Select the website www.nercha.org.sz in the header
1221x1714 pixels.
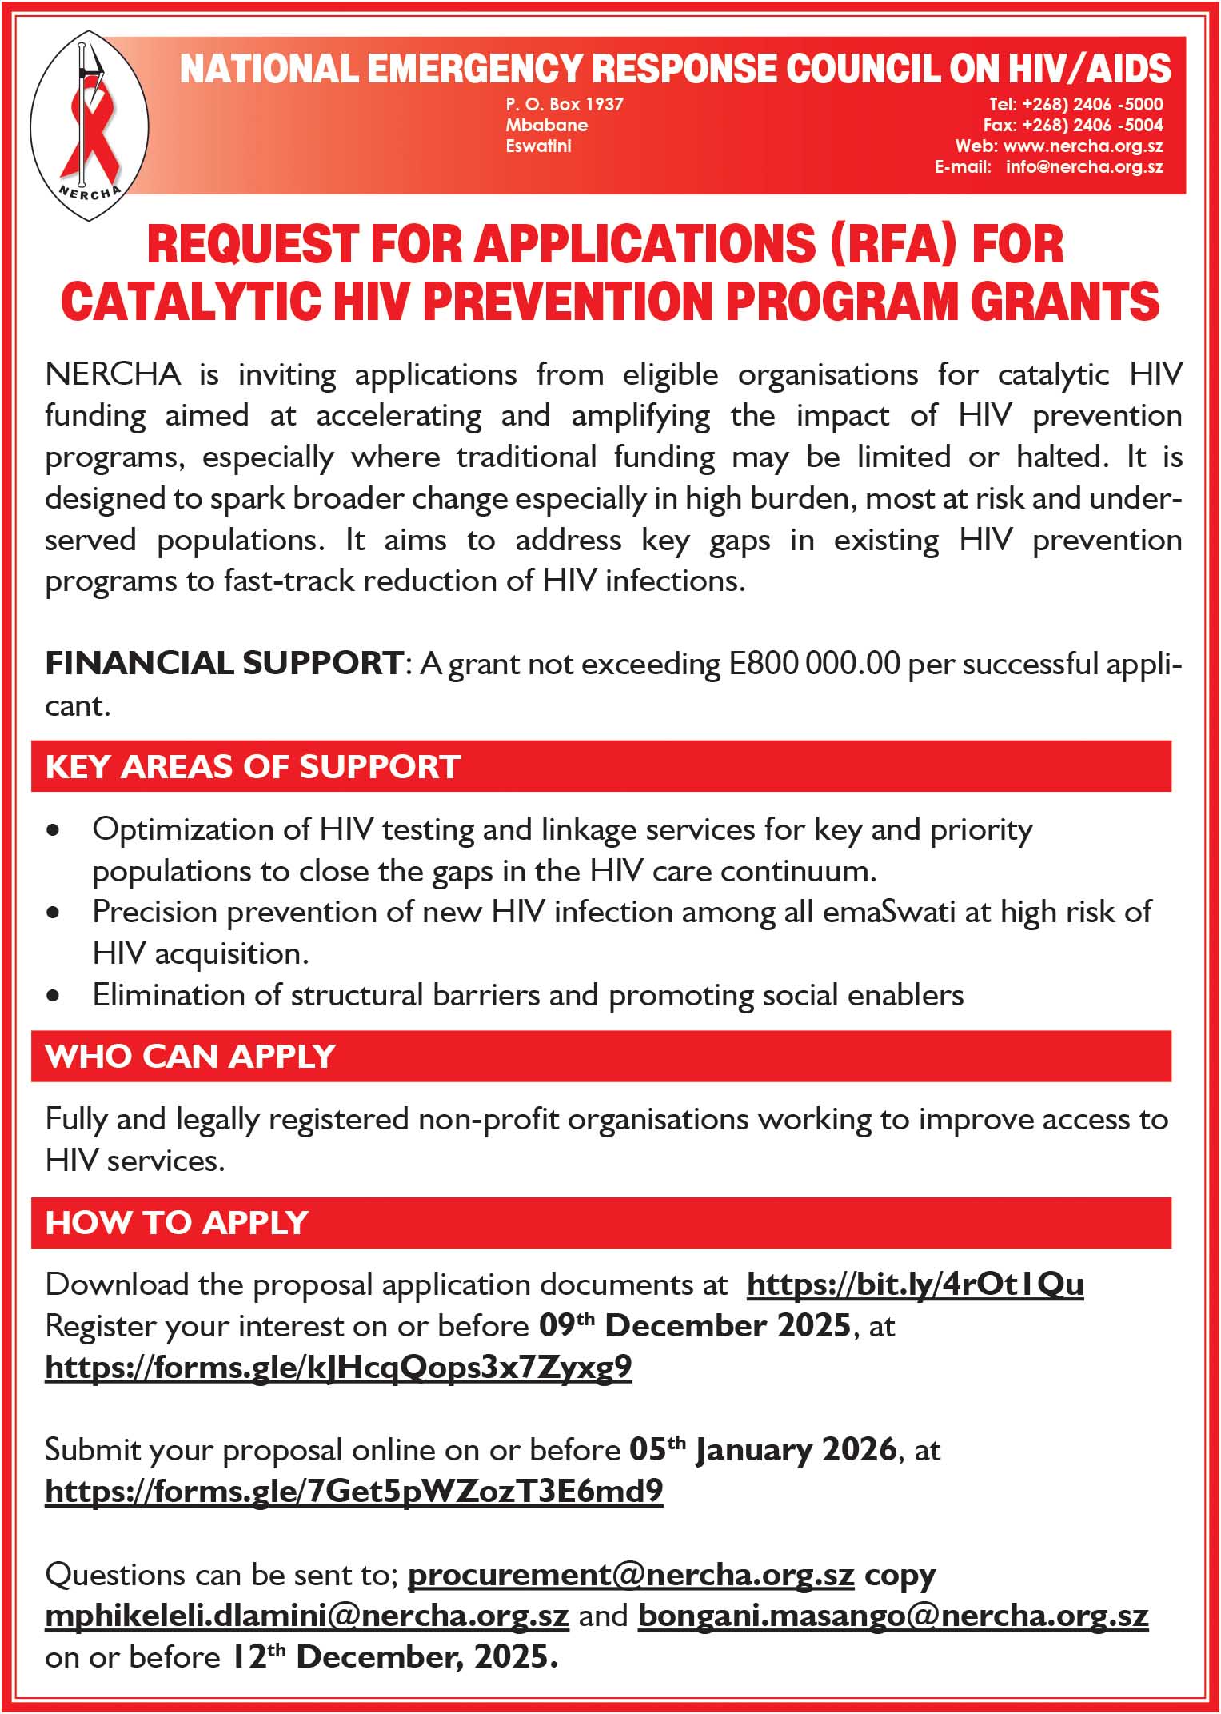1083,146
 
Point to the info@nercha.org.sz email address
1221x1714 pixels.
1083,166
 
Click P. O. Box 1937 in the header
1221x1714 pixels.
564,104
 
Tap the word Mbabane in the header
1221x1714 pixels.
546,125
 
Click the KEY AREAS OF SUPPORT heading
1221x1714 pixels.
253,766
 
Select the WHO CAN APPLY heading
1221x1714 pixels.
190,1056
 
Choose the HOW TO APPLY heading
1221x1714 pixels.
177,1223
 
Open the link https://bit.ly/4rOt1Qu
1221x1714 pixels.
915,1285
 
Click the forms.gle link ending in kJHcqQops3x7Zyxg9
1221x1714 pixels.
338,1368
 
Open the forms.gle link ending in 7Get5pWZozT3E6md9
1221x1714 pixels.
353,1492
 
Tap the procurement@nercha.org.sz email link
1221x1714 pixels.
631,1575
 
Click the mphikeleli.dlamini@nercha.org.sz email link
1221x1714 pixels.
307,1616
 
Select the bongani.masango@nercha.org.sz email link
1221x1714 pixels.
892,1616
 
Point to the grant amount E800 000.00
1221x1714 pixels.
814,664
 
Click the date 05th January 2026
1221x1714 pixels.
762,1450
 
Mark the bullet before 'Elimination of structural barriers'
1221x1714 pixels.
54,996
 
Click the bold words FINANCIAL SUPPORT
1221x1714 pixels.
224,664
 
